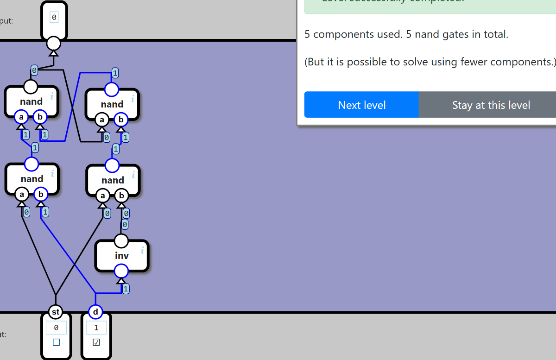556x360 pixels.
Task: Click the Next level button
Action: (x=361, y=105)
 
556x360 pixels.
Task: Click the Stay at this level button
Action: (x=491, y=105)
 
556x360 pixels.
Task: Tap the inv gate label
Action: (x=122, y=256)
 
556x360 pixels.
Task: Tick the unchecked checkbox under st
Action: (x=56, y=342)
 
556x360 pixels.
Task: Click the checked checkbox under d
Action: (x=96, y=342)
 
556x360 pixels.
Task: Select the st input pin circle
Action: (x=56, y=312)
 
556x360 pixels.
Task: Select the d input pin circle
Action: (x=95, y=312)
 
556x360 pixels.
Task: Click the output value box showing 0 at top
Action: (x=54, y=18)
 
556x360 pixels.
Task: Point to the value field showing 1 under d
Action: (x=96, y=328)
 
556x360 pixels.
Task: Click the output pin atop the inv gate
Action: (x=121, y=241)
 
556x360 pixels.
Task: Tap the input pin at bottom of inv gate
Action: (x=121, y=271)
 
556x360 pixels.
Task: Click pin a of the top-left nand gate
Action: (x=21, y=117)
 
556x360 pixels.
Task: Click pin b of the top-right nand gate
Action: (x=121, y=120)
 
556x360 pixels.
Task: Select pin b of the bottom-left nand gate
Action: (x=41, y=195)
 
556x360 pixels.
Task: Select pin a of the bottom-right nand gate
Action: (x=102, y=196)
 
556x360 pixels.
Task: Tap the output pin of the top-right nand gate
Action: (x=111, y=89)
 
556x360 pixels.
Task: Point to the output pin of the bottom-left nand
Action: (x=32, y=164)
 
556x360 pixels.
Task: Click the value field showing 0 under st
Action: (x=56, y=328)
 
